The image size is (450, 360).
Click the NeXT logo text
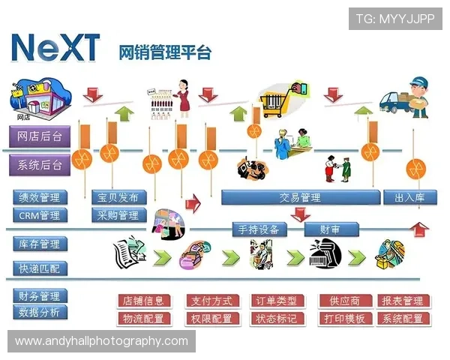tap(56, 48)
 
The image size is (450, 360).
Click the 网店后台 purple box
tap(40, 136)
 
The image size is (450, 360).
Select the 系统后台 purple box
tap(40, 163)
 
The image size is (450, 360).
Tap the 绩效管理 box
tap(40, 197)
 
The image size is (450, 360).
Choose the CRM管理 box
tap(40, 215)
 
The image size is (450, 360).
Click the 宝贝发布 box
tap(118, 197)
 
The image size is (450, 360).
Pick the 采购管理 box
tap(118, 215)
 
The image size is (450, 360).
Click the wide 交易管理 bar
tap(299, 197)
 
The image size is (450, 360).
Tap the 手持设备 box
tap(259, 229)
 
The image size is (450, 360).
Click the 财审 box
tap(330, 229)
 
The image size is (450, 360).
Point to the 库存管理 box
tap(40, 244)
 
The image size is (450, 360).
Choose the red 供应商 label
tap(344, 301)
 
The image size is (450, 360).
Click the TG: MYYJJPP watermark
tap(395, 18)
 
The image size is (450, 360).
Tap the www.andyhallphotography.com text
tap(102, 341)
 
